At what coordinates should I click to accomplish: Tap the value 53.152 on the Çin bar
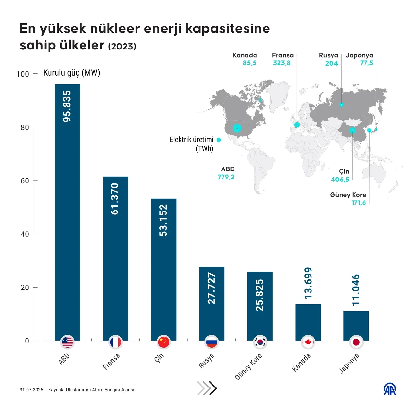click(164, 220)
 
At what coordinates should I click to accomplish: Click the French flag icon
click(115, 342)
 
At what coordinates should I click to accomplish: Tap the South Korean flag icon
click(260, 342)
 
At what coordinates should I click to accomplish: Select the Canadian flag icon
click(308, 342)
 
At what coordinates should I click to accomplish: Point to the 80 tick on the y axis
click(25, 127)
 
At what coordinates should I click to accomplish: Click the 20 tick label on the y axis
click(25, 288)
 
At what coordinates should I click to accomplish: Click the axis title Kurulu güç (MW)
click(72, 73)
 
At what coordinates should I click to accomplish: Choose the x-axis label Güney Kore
click(248, 366)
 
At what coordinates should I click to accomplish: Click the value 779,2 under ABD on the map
click(226, 177)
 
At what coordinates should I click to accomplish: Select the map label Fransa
click(283, 55)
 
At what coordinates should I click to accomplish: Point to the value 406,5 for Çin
click(340, 180)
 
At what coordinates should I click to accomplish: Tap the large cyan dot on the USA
click(237, 128)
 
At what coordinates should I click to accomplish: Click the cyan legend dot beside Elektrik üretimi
click(219, 140)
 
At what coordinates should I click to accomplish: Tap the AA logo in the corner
click(390, 389)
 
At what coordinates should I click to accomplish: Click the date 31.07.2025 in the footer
click(31, 390)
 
